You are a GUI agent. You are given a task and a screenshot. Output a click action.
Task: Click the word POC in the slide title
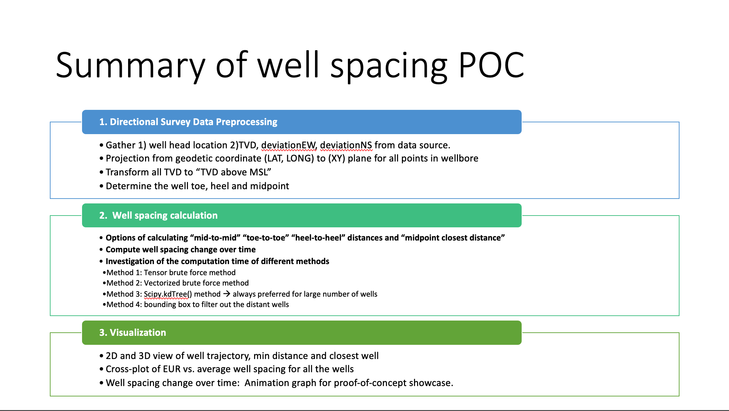(491, 65)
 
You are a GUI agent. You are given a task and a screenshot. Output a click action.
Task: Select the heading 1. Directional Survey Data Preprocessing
(188, 122)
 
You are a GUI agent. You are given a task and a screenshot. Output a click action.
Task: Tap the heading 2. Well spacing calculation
(159, 216)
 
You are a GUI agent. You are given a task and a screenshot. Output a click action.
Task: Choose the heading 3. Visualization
(133, 333)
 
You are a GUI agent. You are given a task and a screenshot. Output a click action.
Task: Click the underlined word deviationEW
(289, 145)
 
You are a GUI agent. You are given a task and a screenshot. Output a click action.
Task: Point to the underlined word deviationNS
(346, 145)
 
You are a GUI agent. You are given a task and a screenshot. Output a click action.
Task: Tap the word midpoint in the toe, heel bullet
(269, 186)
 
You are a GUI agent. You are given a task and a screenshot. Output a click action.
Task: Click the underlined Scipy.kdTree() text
(168, 294)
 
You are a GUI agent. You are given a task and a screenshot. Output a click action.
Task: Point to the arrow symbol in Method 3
(227, 294)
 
